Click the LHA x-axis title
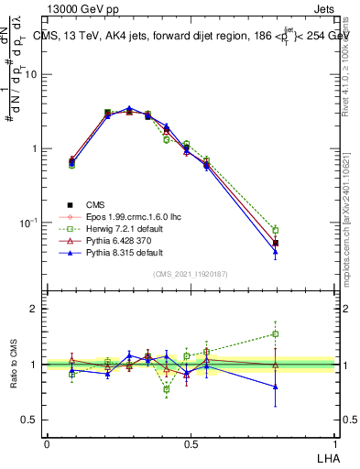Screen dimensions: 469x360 (x=327, y=456)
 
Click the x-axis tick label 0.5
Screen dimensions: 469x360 (x=191, y=443)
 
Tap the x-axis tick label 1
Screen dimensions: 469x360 (x=334, y=443)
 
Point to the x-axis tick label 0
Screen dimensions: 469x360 (x=47, y=443)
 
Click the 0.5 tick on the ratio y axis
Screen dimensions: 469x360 (x=29, y=420)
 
